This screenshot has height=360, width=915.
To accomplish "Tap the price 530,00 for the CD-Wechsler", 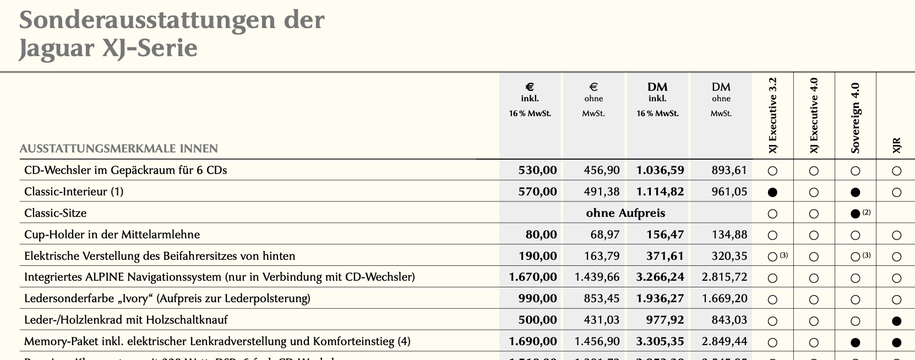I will (537, 170).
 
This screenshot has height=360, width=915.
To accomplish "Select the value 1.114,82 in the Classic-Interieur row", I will (660, 192).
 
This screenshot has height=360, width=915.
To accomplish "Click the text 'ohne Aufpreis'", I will (625, 213).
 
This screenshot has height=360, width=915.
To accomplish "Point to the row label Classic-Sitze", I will (55, 213).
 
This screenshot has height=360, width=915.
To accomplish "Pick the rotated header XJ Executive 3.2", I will (773, 116).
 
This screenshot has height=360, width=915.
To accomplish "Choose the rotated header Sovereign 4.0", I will (855, 117).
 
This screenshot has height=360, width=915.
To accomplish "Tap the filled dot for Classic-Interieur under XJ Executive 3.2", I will (772, 193).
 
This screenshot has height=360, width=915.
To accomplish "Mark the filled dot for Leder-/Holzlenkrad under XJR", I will (896, 321).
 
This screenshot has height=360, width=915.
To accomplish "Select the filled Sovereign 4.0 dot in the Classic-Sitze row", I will (854, 214).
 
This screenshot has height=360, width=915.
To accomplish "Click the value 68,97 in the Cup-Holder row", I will (604, 234).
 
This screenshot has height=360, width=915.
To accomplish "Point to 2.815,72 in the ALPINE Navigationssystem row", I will (724, 277).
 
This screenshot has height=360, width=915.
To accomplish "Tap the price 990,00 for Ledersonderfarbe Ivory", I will (537, 298).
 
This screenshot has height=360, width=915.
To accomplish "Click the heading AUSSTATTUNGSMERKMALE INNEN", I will (119, 149).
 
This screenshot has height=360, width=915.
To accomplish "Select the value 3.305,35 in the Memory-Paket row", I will (660, 341).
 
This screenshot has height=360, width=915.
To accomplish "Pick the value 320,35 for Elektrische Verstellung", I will (729, 256).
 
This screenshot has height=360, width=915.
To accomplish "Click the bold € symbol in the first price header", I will (530, 87).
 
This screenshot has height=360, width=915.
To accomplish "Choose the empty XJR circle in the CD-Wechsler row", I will (896, 171).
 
